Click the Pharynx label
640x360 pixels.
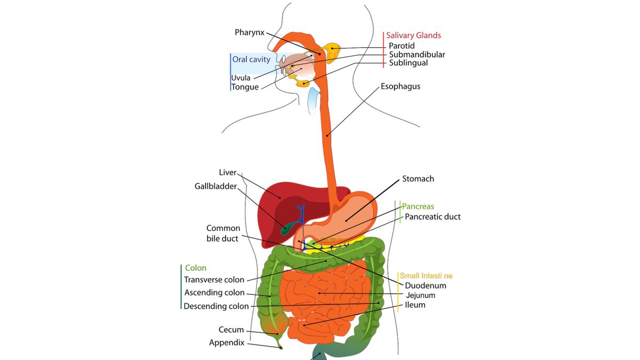250,33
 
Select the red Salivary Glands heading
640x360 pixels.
413,35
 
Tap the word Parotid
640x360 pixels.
402,46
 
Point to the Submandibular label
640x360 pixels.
417,54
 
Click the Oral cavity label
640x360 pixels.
251,59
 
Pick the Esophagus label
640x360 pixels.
401,86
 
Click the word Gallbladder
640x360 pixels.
215,186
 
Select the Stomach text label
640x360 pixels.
418,179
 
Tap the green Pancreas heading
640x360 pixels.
418,206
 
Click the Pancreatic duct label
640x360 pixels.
433,217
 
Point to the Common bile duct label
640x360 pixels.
223,234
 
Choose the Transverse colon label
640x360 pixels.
214,279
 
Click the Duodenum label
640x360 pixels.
426,286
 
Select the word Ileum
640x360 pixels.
415,305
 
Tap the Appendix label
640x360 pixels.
227,343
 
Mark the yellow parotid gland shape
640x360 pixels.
332,53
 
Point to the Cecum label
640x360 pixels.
231,330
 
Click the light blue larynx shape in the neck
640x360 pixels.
313,101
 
